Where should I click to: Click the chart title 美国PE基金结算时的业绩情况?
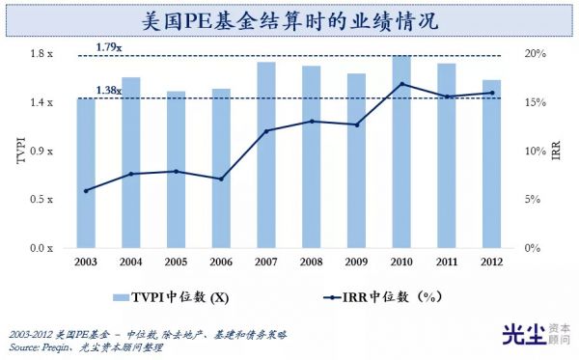click(x=289, y=17)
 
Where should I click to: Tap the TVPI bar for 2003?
click(x=86, y=174)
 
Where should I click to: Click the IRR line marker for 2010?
click(x=401, y=84)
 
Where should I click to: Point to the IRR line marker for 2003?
click(x=86, y=190)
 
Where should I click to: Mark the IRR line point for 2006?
click(x=221, y=179)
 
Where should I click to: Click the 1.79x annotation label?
click(x=109, y=45)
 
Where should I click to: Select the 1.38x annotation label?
click(x=108, y=91)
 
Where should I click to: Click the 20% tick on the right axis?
click(x=536, y=53)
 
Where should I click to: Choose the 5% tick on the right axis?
click(x=533, y=200)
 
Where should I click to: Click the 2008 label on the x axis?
click(x=311, y=263)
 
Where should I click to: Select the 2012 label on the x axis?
click(x=491, y=263)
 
